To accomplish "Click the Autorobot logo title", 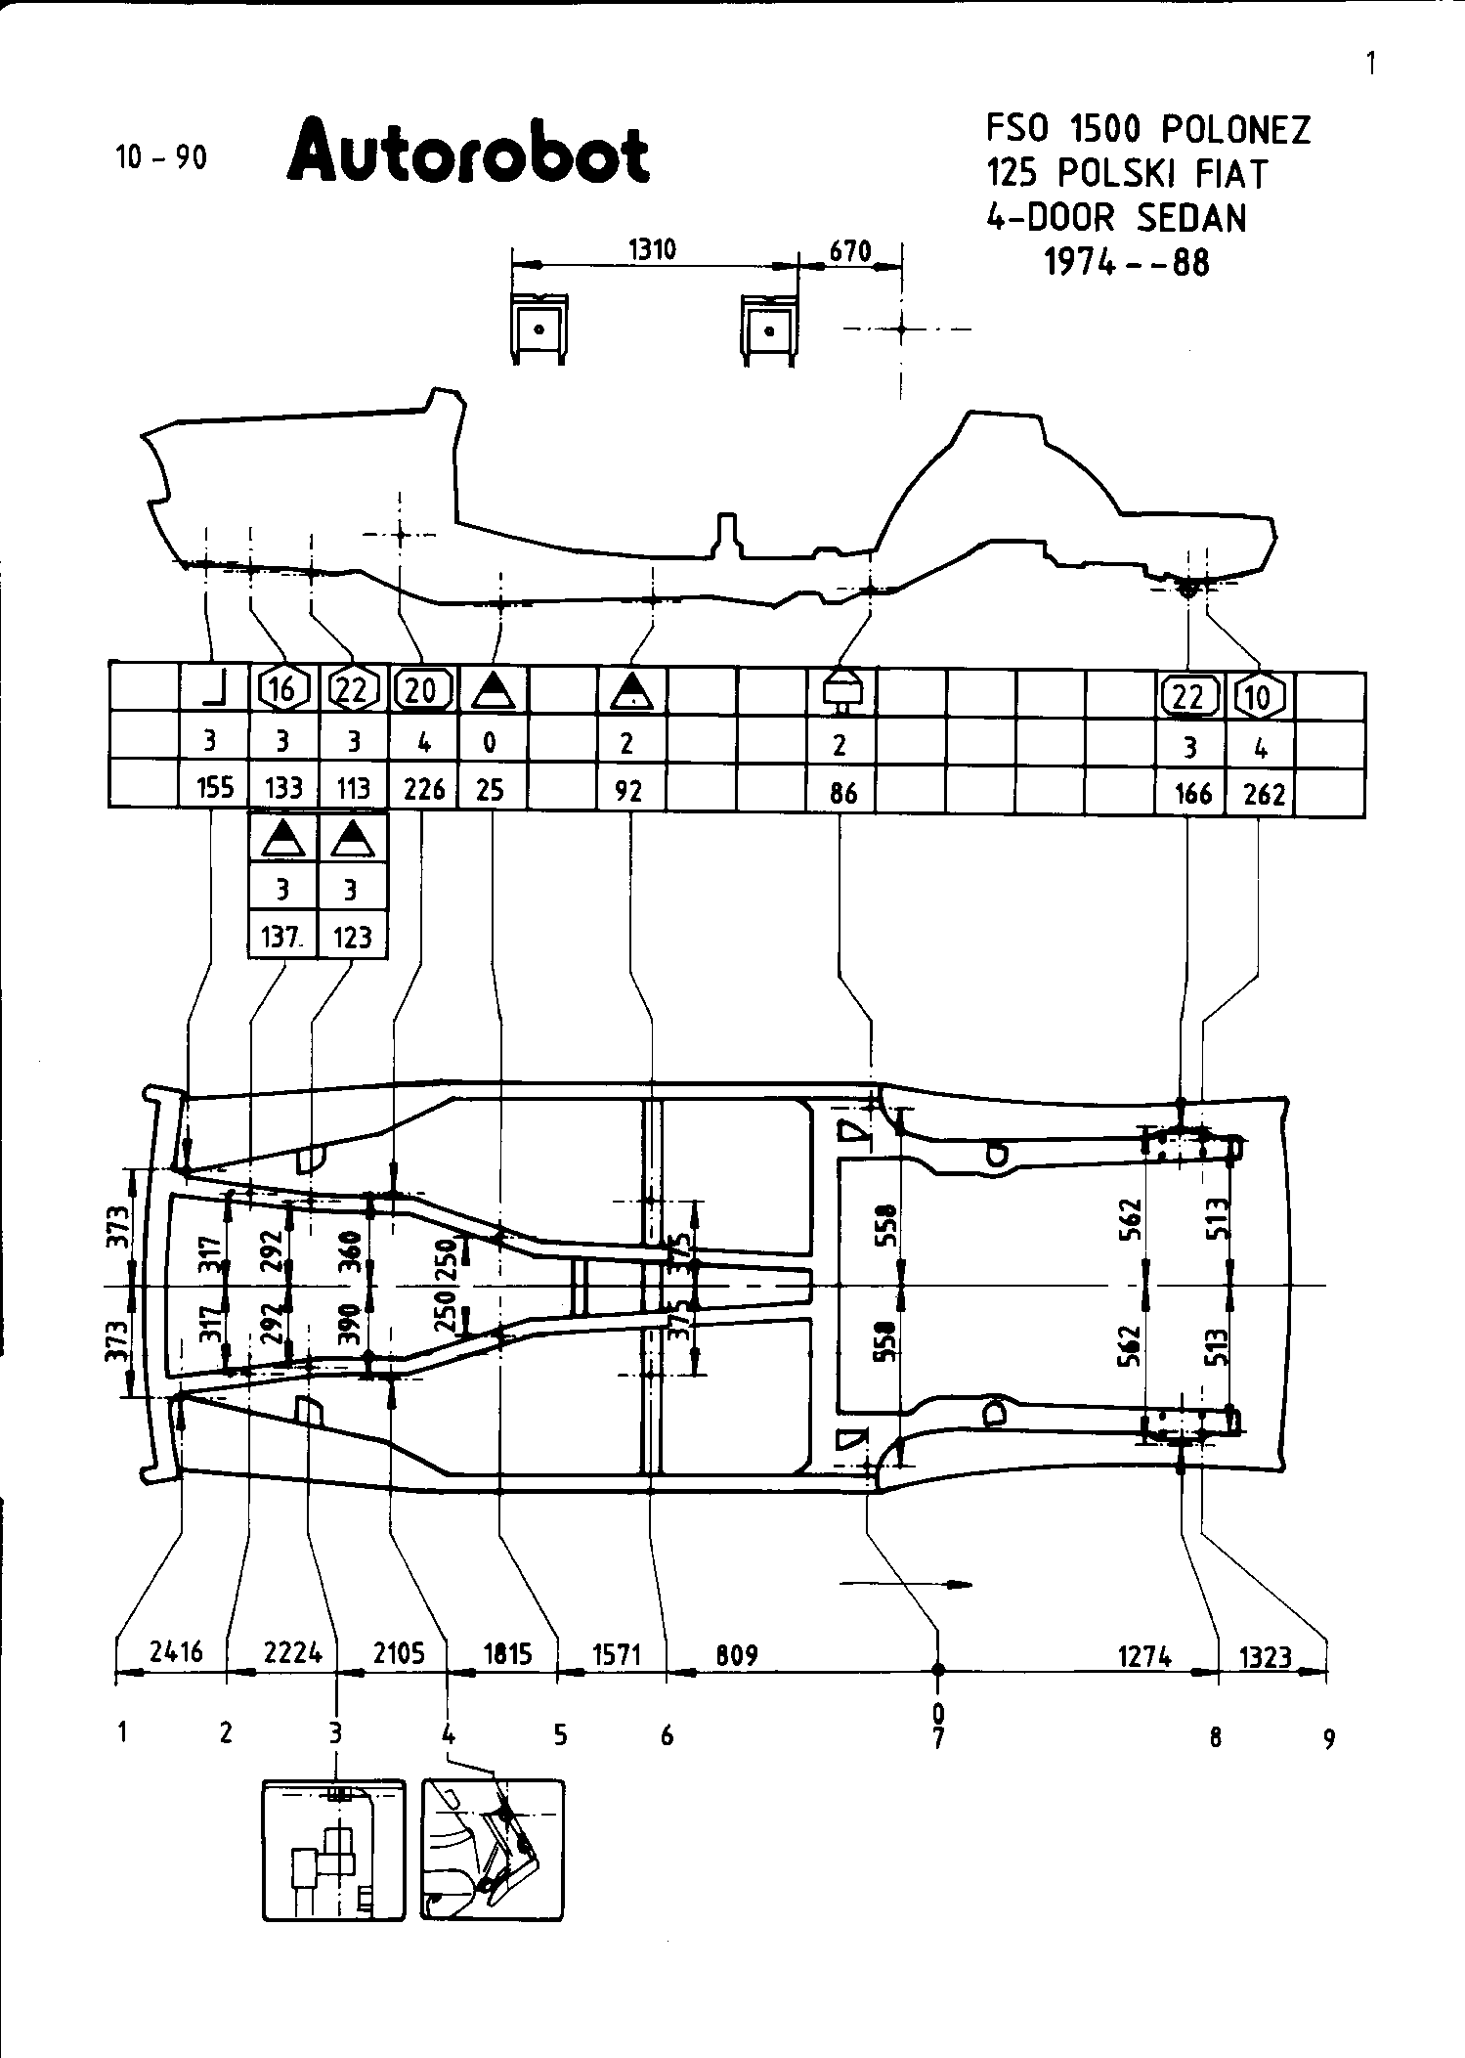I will point(468,153).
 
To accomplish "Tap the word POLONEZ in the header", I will point(1235,130).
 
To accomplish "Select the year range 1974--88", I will point(1127,262).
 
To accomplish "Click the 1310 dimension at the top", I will point(652,249).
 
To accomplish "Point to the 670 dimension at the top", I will point(849,251).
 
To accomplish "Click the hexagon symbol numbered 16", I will point(282,690).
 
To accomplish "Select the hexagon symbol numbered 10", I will point(1260,696).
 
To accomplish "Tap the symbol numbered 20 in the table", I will point(422,690).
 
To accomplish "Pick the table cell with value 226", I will point(424,788).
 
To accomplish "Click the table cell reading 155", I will point(214,787).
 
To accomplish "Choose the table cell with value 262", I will point(1263,794).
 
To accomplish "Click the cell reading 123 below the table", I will point(353,937).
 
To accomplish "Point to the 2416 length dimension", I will point(177,1651).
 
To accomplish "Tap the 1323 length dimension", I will point(1266,1656).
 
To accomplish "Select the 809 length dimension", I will point(737,1654).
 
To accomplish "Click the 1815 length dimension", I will point(507,1652).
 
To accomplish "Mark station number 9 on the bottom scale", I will point(1328,1739).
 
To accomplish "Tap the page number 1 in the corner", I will point(1370,64).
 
